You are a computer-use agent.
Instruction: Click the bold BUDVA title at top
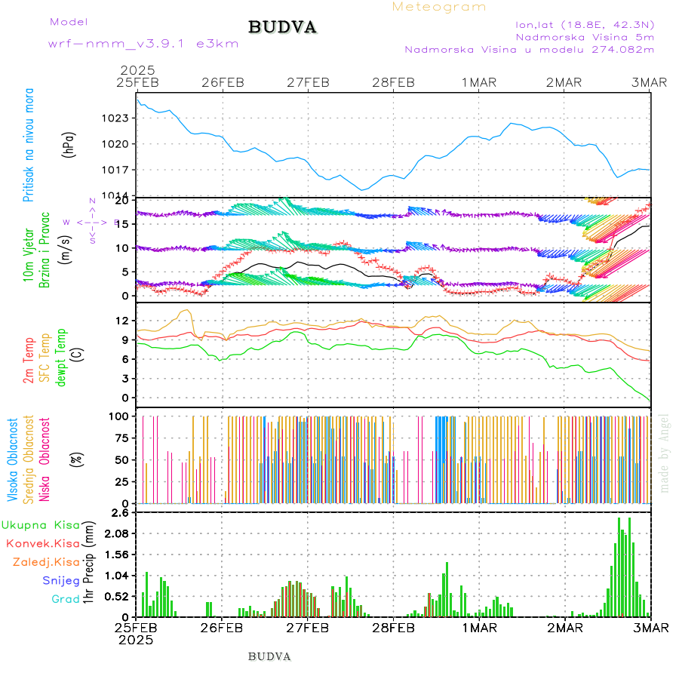tap(282, 28)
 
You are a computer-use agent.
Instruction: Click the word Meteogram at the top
tap(439, 7)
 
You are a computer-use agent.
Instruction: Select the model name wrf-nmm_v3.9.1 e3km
tap(143, 43)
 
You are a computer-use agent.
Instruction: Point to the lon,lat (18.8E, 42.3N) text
tap(585, 23)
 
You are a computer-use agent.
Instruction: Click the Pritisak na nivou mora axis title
tap(29, 146)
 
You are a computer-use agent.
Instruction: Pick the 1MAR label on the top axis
tap(479, 82)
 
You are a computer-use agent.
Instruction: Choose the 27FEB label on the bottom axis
tap(307, 627)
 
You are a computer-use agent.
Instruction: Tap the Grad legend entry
tap(66, 599)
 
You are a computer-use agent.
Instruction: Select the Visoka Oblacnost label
tap(14, 459)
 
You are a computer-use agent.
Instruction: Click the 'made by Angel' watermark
tap(665, 453)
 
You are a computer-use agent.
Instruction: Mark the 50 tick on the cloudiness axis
tap(122, 459)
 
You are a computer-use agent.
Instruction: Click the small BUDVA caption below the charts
tap(269, 656)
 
